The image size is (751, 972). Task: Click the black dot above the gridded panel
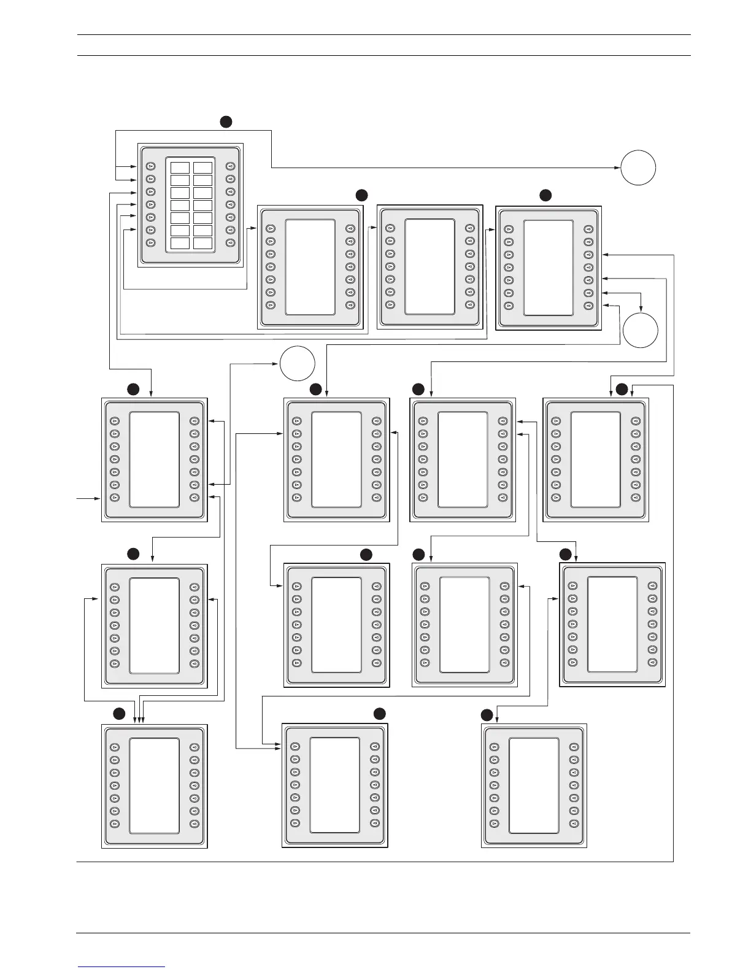pyautogui.click(x=226, y=121)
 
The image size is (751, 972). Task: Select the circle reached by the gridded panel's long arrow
pyautogui.click(x=637, y=168)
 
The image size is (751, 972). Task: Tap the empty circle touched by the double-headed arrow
pyautogui.click(x=641, y=330)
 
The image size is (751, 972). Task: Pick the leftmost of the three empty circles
pyautogui.click(x=298, y=364)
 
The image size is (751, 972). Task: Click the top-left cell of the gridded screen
pyautogui.click(x=180, y=168)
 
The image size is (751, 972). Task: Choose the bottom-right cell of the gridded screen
pyautogui.click(x=202, y=243)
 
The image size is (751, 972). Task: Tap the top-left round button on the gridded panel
pyautogui.click(x=150, y=166)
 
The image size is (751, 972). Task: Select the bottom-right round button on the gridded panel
pyautogui.click(x=231, y=243)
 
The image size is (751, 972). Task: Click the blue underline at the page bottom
pyautogui.click(x=122, y=966)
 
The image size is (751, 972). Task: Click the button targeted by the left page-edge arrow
pyautogui.click(x=115, y=498)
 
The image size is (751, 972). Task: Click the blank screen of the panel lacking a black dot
pyautogui.click(x=429, y=266)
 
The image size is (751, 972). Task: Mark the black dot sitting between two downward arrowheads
pyautogui.click(x=622, y=388)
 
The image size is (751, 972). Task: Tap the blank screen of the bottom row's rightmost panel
pyautogui.click(x=534, y=785)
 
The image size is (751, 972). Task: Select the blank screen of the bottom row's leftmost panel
pyautogui.click(x=155, y=785)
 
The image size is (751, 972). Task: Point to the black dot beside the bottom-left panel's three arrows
pyautogui.click(x=119, y=713)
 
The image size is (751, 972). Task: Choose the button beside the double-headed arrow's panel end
pyautogui.click(x=588, y=293)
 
